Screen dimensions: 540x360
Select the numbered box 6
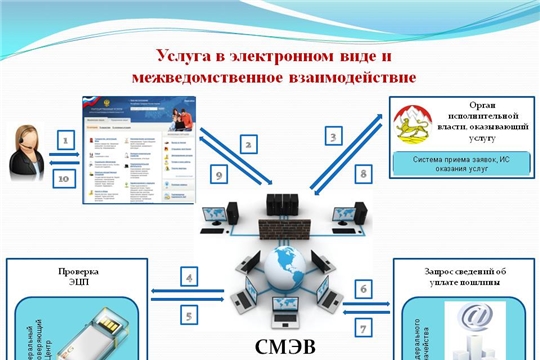point(364,288)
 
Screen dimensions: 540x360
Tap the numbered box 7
point(364,326)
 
